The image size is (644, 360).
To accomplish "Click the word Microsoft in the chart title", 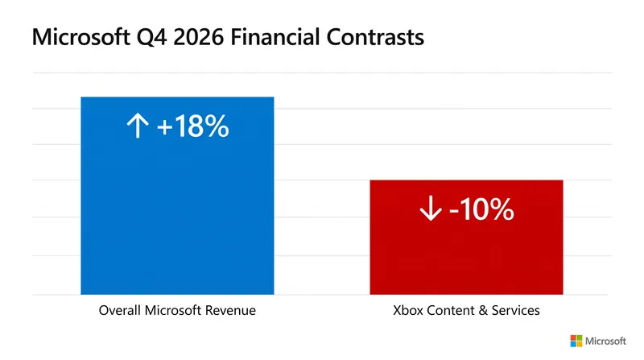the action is point(81,37).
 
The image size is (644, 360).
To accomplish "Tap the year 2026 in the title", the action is point(198,37).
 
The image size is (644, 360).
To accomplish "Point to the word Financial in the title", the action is point(275,37).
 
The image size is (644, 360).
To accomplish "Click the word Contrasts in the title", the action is point(375,37).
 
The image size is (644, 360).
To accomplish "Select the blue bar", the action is point(177,196).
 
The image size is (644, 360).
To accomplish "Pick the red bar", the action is point(467,237).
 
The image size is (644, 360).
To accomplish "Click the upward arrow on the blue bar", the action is point(138,126).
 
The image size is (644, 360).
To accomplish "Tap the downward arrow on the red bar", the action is point(431,209).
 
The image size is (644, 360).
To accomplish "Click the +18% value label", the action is point(192,126).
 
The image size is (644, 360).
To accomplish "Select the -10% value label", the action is point(481,209).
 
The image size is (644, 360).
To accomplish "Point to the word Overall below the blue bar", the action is point(120,310).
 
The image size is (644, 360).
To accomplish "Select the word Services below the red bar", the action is point(516,310).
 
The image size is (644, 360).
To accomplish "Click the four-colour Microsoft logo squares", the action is point(576,341).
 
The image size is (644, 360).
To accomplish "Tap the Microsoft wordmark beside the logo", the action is point(605,341).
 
